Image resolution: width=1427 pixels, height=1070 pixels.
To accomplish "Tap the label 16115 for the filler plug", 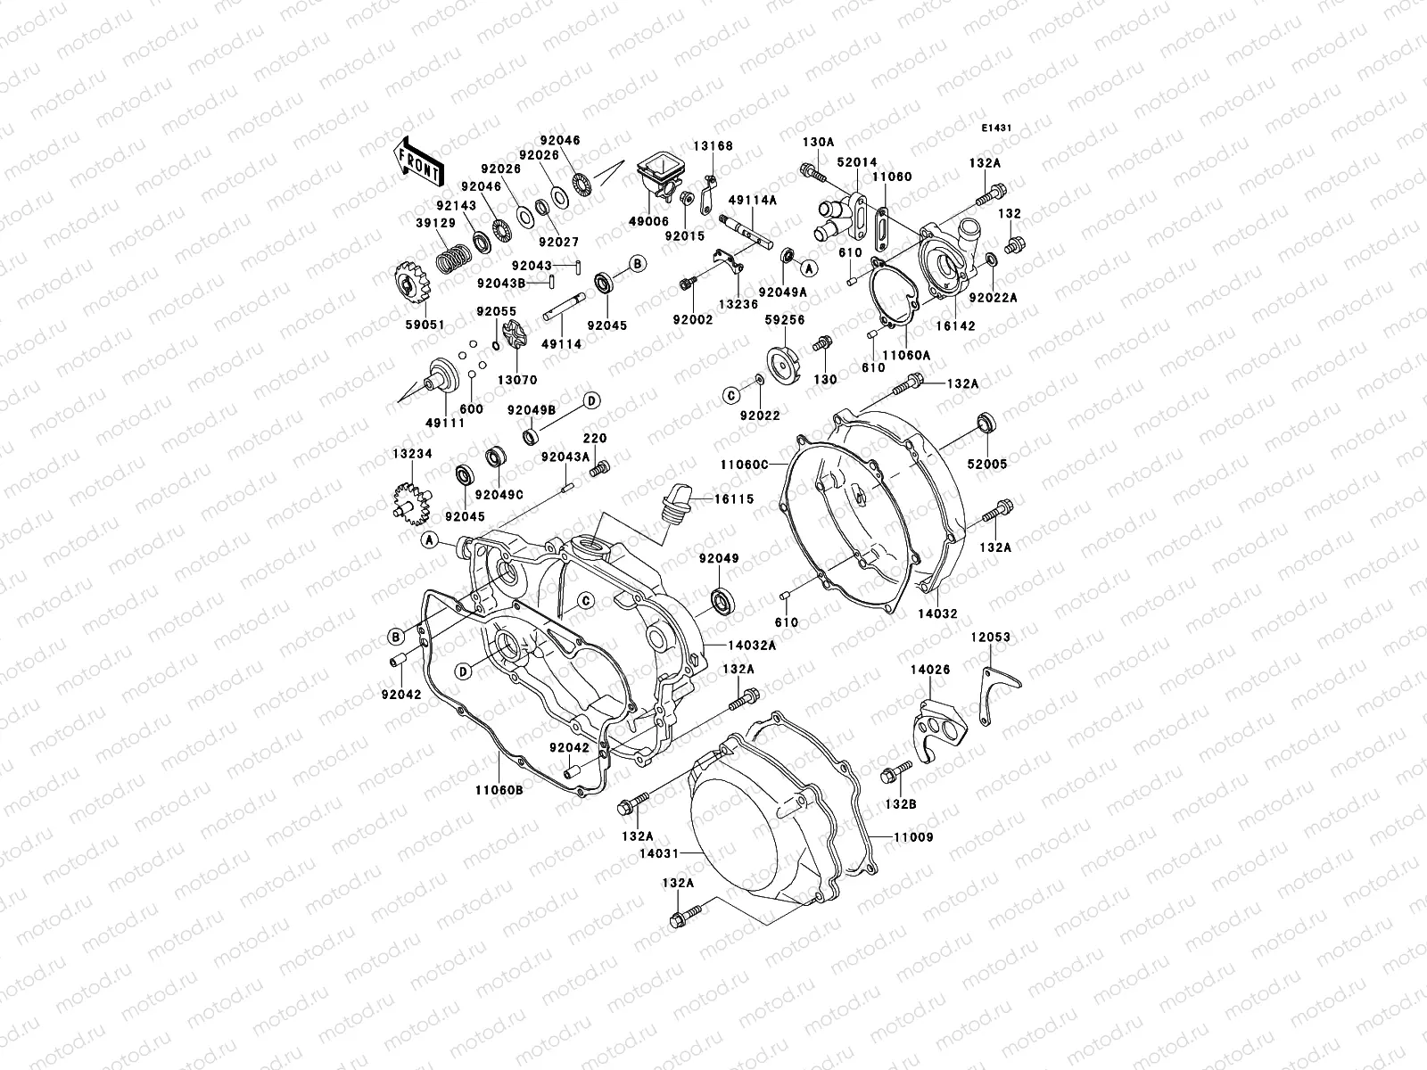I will click(x=734, y=499).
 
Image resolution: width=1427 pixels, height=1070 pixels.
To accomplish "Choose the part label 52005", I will click(x=989, y=465).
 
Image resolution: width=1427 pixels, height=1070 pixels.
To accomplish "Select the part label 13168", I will click(x=711, y=145).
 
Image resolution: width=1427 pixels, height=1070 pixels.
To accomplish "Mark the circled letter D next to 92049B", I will click(x=590, y=399).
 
